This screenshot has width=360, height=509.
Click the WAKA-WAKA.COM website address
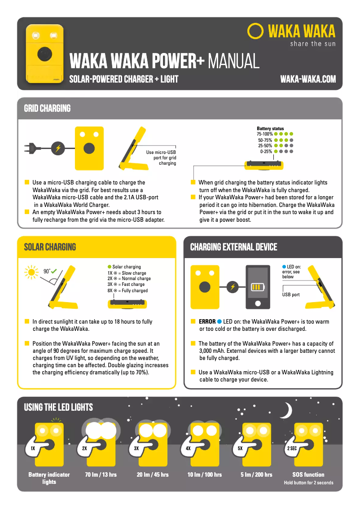tap(307, 79)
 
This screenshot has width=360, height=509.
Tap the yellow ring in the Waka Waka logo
tap(255, 31)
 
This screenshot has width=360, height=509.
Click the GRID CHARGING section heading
tap(47, 109)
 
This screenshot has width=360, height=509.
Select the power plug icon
tap(31, 148)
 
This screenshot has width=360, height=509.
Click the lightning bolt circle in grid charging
tap(57, 148)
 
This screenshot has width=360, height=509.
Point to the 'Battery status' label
tap(270, 128)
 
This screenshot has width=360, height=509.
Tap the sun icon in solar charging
tap(31, 272)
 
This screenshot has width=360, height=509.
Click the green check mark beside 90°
tap(54, 271)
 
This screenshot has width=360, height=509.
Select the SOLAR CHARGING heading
tap(50, 247)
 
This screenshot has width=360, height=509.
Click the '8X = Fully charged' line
tap(127, 290)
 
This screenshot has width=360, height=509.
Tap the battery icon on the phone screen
tap(258, 287)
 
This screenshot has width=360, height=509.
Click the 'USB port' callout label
tap(291, 295)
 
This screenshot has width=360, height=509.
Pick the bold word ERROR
tap(207, 322)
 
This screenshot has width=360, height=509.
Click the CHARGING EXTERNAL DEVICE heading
tap(233, 247)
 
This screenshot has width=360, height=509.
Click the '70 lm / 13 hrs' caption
tap(101, 474)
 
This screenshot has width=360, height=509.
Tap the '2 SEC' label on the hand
tap(291, 448)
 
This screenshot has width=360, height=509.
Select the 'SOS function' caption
tap(308, 474)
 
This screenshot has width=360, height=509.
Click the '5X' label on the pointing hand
tap(240, 448)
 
